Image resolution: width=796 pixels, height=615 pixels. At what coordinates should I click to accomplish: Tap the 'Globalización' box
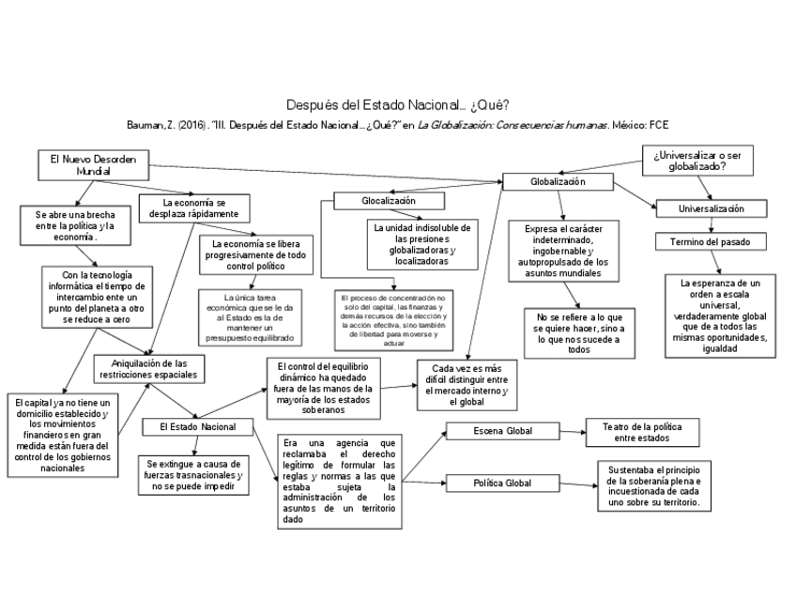click(x=558, y=181)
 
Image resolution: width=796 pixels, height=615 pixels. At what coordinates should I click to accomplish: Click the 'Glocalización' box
click(x=388, y=201)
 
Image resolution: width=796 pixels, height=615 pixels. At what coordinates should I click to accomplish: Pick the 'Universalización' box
click(x=712, y=208)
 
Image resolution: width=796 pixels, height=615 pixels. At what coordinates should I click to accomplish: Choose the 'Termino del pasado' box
click(x=711, y=241)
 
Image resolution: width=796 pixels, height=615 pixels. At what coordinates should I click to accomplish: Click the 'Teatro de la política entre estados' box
click(x=643, y=432)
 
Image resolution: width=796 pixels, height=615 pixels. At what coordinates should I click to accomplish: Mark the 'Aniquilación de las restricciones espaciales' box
click(x=150, y=368)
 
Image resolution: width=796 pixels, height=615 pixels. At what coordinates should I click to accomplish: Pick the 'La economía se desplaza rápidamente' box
click(x=193, y=208)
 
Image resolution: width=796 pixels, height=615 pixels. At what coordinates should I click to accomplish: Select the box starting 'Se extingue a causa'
click(x=194, y=475)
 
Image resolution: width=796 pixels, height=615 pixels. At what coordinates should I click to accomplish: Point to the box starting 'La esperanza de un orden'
click(x=719, y=315)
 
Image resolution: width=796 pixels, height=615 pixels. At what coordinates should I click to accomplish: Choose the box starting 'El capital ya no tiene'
click(x=63, y=434)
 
